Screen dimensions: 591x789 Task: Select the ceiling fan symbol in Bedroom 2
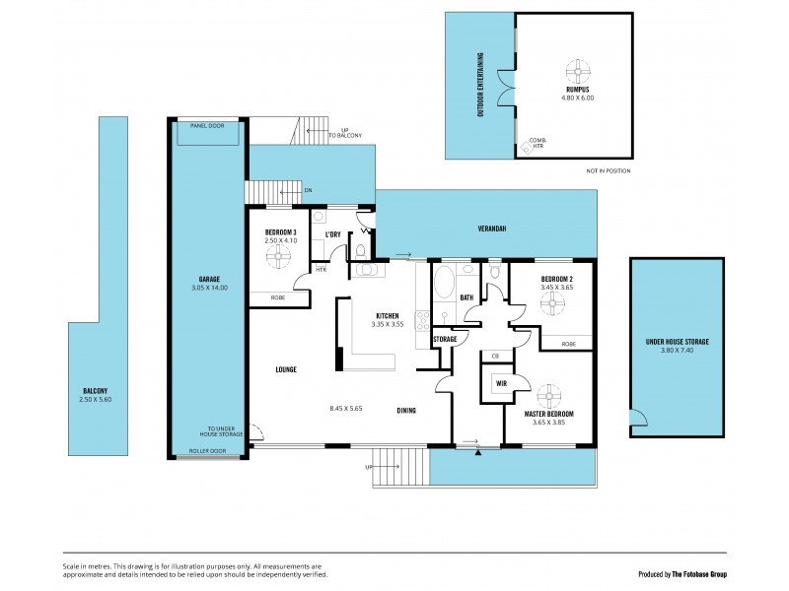(551, 303)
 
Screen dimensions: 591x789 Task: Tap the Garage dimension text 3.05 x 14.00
(208, 288)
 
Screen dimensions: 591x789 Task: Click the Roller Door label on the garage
(208, 450)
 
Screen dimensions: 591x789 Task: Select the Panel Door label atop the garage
(208, 126)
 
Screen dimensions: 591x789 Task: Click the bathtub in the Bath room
(443, 284)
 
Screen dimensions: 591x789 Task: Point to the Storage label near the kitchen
(445, 339)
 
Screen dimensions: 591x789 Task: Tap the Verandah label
(492, 229)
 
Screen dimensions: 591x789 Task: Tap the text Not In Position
(608, 170)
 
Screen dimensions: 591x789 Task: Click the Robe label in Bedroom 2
(568, 344)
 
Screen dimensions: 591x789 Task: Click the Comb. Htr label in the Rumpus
(537, 143)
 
